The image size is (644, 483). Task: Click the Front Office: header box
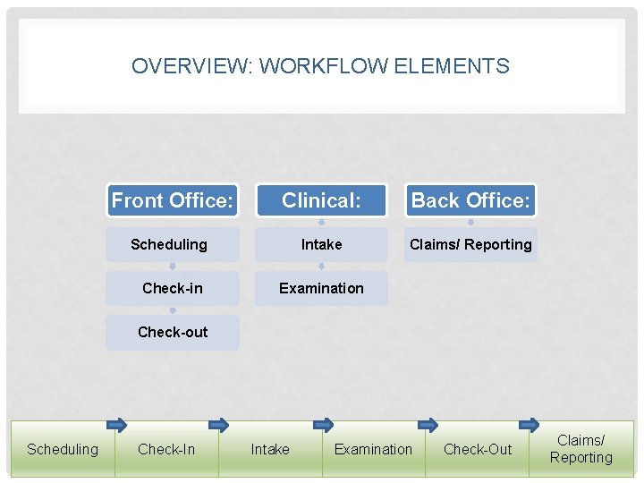point(173,201)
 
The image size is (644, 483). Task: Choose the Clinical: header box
point(321,201)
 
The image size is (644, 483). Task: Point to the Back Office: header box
point(470,201)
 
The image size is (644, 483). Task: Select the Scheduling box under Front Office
point(169,244)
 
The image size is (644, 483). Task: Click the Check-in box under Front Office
point(173,288)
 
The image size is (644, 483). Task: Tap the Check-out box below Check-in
point(173,332)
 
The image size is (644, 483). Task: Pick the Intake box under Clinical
point(321,244)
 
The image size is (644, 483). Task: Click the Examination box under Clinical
point(321,288)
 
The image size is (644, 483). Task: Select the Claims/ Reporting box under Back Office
point(470,244)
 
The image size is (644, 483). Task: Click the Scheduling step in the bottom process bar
point(63,449)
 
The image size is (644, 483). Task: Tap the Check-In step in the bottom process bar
point(166,449)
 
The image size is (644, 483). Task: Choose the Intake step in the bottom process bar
point(270,449)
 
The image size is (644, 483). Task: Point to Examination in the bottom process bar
point(373,449)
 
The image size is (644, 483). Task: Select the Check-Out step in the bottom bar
point(478,449)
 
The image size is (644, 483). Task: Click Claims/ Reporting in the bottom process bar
point(581,449)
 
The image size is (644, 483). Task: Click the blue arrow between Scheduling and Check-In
point(116,425)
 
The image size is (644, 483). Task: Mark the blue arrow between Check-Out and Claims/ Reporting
point(530,424)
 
